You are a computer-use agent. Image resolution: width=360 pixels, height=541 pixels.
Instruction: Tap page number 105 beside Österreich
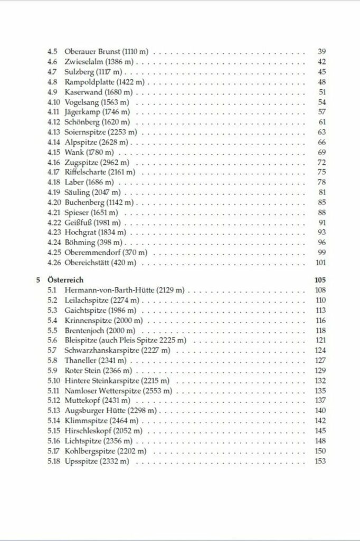pyautogui.click(x=319, y=280)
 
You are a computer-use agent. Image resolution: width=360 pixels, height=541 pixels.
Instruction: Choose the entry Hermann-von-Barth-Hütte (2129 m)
pyautogui.click(x=127, y=290)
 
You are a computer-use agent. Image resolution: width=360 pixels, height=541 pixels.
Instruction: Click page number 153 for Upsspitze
pyautogui.click(x=319, y=461)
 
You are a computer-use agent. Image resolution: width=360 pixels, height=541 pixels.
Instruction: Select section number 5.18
pyautogui.click(x=53, y=461)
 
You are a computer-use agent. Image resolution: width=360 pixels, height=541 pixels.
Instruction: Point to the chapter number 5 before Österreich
pyautogui.click(x=39, y=280)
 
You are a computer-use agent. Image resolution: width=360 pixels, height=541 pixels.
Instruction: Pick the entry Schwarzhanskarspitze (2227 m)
pyautogui.click(x=117, y=350)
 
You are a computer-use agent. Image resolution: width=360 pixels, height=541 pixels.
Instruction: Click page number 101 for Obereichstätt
pyautogui.click(x=320, y=262)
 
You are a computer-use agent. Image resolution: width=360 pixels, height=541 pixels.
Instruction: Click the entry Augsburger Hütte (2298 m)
pyautogui.click(x=110, y=411)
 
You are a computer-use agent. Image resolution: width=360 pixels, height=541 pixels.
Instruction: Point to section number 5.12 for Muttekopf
pyautogui.click(x=53, y=400)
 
